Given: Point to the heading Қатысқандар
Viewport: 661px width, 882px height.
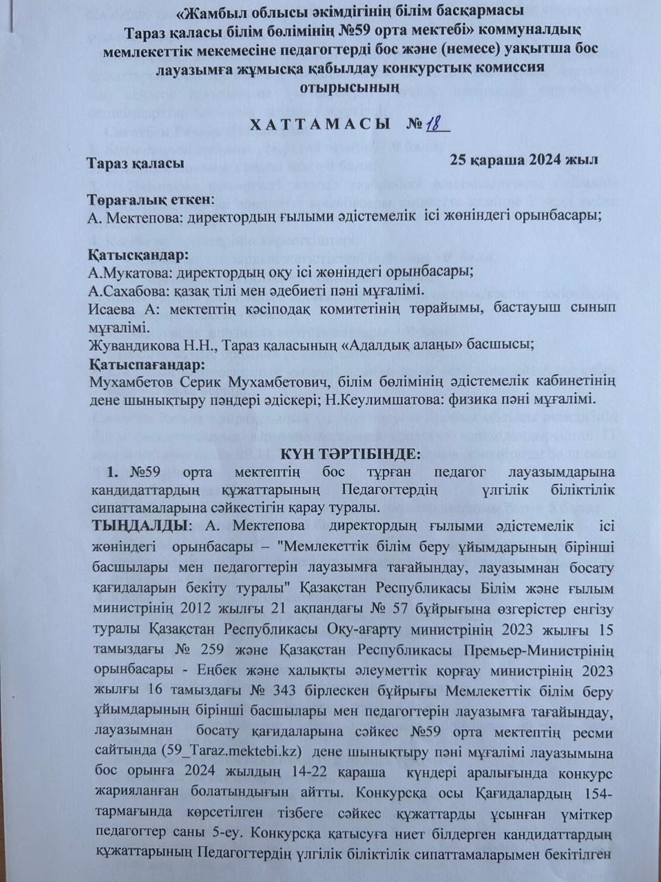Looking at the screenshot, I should coord(138,256).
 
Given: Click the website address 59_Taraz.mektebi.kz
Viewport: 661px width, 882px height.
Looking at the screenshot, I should coord(206,750).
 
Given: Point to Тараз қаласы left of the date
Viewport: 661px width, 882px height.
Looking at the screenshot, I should coord(135,164).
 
